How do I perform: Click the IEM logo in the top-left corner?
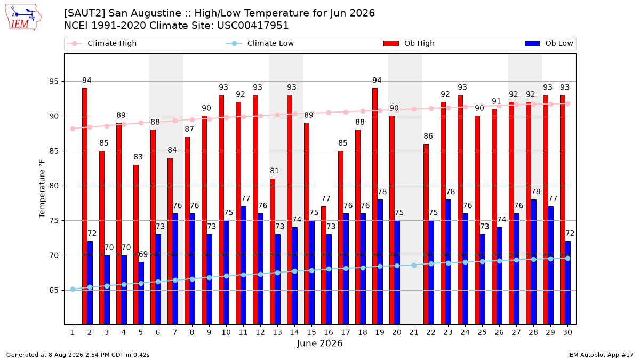click(23, 18)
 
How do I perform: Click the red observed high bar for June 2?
click(85, 206)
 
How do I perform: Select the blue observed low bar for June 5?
click(141, 293)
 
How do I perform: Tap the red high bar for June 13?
click(273, 252)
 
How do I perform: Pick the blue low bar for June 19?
click(380, 262)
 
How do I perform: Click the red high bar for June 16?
click(323, 266)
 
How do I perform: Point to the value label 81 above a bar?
click(274, 171)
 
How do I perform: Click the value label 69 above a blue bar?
click(143, 254)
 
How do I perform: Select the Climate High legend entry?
click(102, 43)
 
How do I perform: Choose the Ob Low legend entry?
click(549, 43)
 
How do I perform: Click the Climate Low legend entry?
click(260, 43)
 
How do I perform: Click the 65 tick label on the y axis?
click(54, 290)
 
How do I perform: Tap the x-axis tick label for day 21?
click(414, 332)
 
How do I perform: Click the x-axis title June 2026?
click(319, 343)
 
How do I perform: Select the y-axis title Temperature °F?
click(42, 189)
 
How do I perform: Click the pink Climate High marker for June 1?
click(73, 129)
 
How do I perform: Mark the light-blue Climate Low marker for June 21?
click(414, 266)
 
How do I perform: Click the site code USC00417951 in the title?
click(253, 26)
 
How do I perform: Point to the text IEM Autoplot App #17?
click(601, 355)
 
